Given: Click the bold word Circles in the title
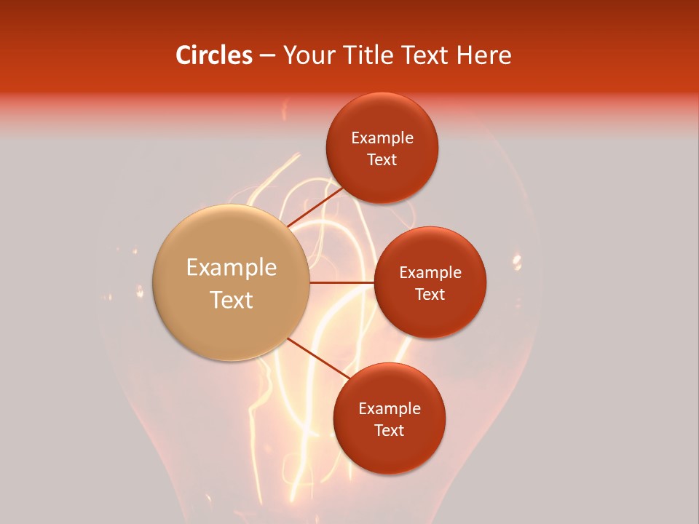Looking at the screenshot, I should (x=213, y=55).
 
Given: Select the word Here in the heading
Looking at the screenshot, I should (x=483, y=55).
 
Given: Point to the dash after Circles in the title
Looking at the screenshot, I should (x=267, y=56).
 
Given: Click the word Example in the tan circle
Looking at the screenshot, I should (x=232, y=268).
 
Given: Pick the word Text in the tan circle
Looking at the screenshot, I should (x=232, y=300).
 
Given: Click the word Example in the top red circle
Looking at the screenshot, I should (x=382, y=138).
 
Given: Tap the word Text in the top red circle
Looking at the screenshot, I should (x=382, y=159).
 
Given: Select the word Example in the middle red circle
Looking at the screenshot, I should (x=430, y=273).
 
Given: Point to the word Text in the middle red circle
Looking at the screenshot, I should (x=430, y=294).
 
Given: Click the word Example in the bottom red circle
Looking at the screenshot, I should (x=390, y=409).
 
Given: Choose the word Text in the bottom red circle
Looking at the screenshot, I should (x=390, y=430).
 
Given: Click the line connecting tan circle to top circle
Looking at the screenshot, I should (x=315, y=207).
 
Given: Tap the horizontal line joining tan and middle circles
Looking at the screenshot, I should (x=342, y=282).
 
